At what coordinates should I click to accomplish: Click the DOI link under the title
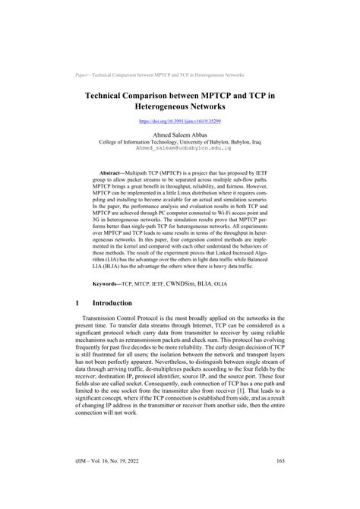tap(179, 120)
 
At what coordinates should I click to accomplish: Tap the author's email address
tap(179, 150)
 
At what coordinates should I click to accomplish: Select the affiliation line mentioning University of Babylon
tap(179, 142)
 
